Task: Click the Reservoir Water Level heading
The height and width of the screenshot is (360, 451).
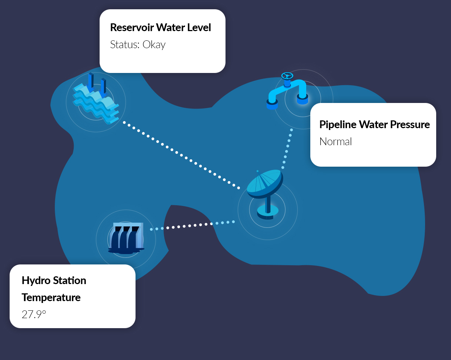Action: click(x=161, y=27)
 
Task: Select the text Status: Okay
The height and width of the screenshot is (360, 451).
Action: click(x=138, y=45)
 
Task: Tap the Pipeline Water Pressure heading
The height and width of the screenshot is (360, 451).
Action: click(x=374, y=124)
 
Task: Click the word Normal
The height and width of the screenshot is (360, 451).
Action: click(x=335, y=141)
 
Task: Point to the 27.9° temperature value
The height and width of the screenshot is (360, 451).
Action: click(x=34, y=314)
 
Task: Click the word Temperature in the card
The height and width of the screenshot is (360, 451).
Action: click(x=51, y=297)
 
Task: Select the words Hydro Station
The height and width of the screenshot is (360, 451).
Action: click(x=54, y=280)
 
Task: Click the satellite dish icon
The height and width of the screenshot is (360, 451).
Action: click(x=265, y=194)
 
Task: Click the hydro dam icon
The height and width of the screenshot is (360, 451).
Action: click(x=126, y=239)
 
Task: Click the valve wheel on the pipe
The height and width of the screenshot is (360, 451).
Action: click(x=287, y=76)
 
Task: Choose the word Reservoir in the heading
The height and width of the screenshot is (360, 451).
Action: click(x=132, y=27)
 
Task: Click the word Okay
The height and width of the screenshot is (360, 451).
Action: click(x=154, y=45)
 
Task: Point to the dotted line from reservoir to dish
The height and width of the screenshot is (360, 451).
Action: click(x=181, y=155)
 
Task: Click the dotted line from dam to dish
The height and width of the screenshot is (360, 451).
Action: click(x=193, y=226)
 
